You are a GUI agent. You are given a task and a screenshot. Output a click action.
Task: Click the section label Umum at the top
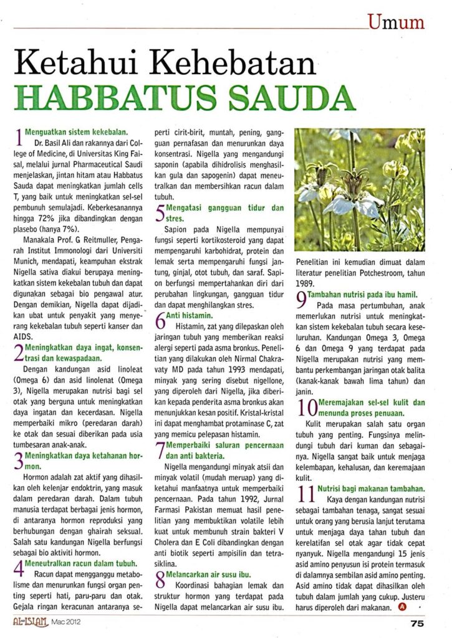(396, 23)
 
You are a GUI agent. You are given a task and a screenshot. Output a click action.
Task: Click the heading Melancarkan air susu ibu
(209, 573)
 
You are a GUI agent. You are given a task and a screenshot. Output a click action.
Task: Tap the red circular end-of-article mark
(402, 606)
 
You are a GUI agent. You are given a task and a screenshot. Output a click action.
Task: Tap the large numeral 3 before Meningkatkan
(19, 462)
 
